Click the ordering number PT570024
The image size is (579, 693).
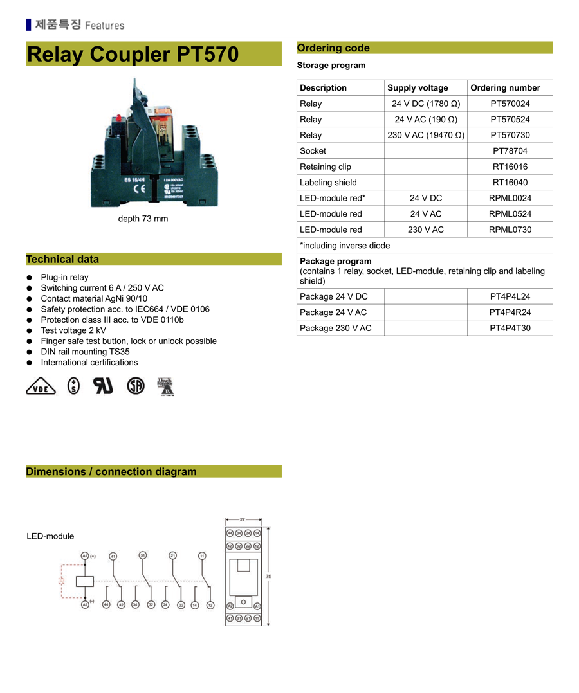(x=510, y=104)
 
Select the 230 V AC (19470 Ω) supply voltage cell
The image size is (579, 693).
(x=426, y=135)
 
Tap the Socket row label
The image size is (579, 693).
(x=313, y=151)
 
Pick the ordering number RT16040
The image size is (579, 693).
(x=510, y=183)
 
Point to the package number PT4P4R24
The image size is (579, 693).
(x=510, y=312)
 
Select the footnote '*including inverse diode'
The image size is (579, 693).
(x=345, y=246)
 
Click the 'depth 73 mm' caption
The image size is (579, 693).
(x=143, y=219)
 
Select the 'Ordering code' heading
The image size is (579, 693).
(x=333, y=48)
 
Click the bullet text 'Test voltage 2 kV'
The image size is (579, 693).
(x=73, y=330)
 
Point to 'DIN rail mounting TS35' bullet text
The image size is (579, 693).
(x=85, y=352)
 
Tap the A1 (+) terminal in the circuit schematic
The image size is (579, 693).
(x=85, y=555)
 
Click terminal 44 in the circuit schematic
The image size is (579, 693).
(x=106, y=605)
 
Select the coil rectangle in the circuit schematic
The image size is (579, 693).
(x=85, y=580)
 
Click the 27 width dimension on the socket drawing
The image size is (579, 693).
(x=243, y=519)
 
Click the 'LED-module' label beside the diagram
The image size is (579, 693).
(x=50, y=536)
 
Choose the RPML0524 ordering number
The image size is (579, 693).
(x=510, y=214)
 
